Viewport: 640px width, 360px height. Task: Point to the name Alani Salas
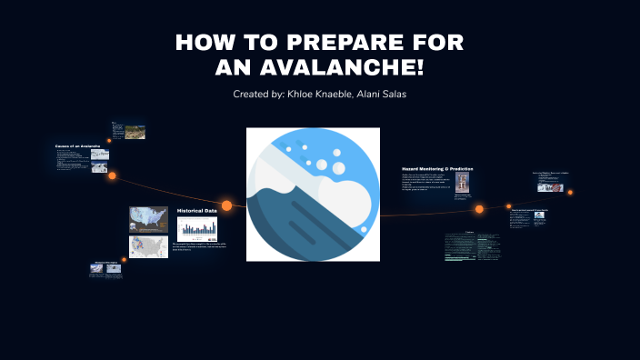click(x=383, y=95)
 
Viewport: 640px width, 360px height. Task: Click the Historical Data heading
click(x=196, y=210)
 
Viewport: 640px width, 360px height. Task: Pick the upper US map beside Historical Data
click(x=148, y=219)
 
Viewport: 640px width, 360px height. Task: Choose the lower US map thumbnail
click(x=148, y=246)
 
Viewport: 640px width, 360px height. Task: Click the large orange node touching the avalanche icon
click(x=227, y=205)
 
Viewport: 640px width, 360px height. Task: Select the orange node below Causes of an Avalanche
click(x=113, y=175)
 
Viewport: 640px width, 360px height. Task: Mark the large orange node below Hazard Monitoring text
click(x=479, y=209)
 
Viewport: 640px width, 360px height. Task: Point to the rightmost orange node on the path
click(x=570, y=192)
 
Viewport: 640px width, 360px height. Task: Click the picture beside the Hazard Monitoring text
click(x=463, y=183)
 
